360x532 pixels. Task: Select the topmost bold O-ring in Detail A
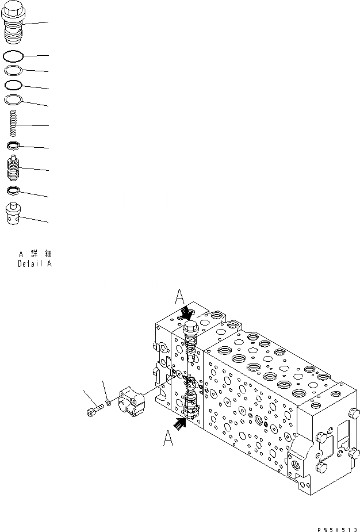coord(13,56)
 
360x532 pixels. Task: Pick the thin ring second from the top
coord(13,70)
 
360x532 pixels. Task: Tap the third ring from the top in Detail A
coord(13,85)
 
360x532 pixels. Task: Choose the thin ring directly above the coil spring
coord(13,100)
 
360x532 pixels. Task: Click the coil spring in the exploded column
coord(13,124)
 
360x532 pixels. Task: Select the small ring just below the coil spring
coord(13,146)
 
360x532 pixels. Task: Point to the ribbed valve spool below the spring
coord(13,168)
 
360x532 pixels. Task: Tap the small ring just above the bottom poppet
coord(13,190)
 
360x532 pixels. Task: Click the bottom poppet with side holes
coord(13,215)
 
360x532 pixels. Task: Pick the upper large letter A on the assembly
coord(179,298)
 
